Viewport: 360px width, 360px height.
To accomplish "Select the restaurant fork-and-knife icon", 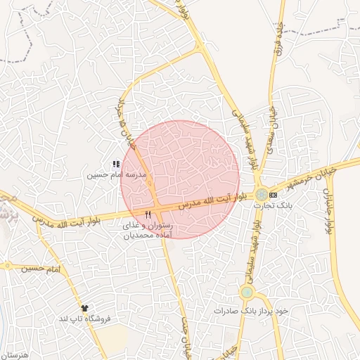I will pyautogui.click(x=148, y=214).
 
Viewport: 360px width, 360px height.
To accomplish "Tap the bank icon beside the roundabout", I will pyautogui.click(x=273, y=194).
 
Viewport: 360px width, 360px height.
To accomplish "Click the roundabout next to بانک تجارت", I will pyautogui.click(x=261, y=194).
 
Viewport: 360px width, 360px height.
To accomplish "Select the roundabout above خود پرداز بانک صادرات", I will pyautogui.click(x=247, y=292).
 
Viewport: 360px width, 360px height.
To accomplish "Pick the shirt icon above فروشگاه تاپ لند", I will pyautogui.click(x=84, y=307).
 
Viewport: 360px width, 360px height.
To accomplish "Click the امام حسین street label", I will pyautogui.click(x=41, y=269).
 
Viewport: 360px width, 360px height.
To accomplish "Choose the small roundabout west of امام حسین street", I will pyautogui.click(x=6, y=266).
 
